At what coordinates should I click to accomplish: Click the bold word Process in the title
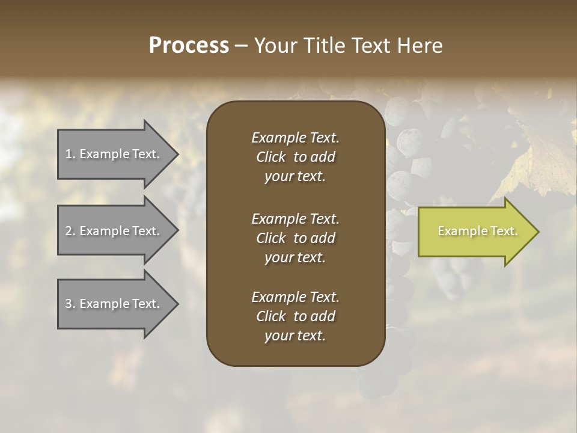coord(189,46)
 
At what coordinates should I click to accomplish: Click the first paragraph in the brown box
coord(295,157)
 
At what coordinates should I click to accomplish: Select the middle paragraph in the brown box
coord(295,238)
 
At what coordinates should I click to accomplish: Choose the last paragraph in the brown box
coord(295,316)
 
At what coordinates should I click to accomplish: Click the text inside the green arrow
coord(477,231)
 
